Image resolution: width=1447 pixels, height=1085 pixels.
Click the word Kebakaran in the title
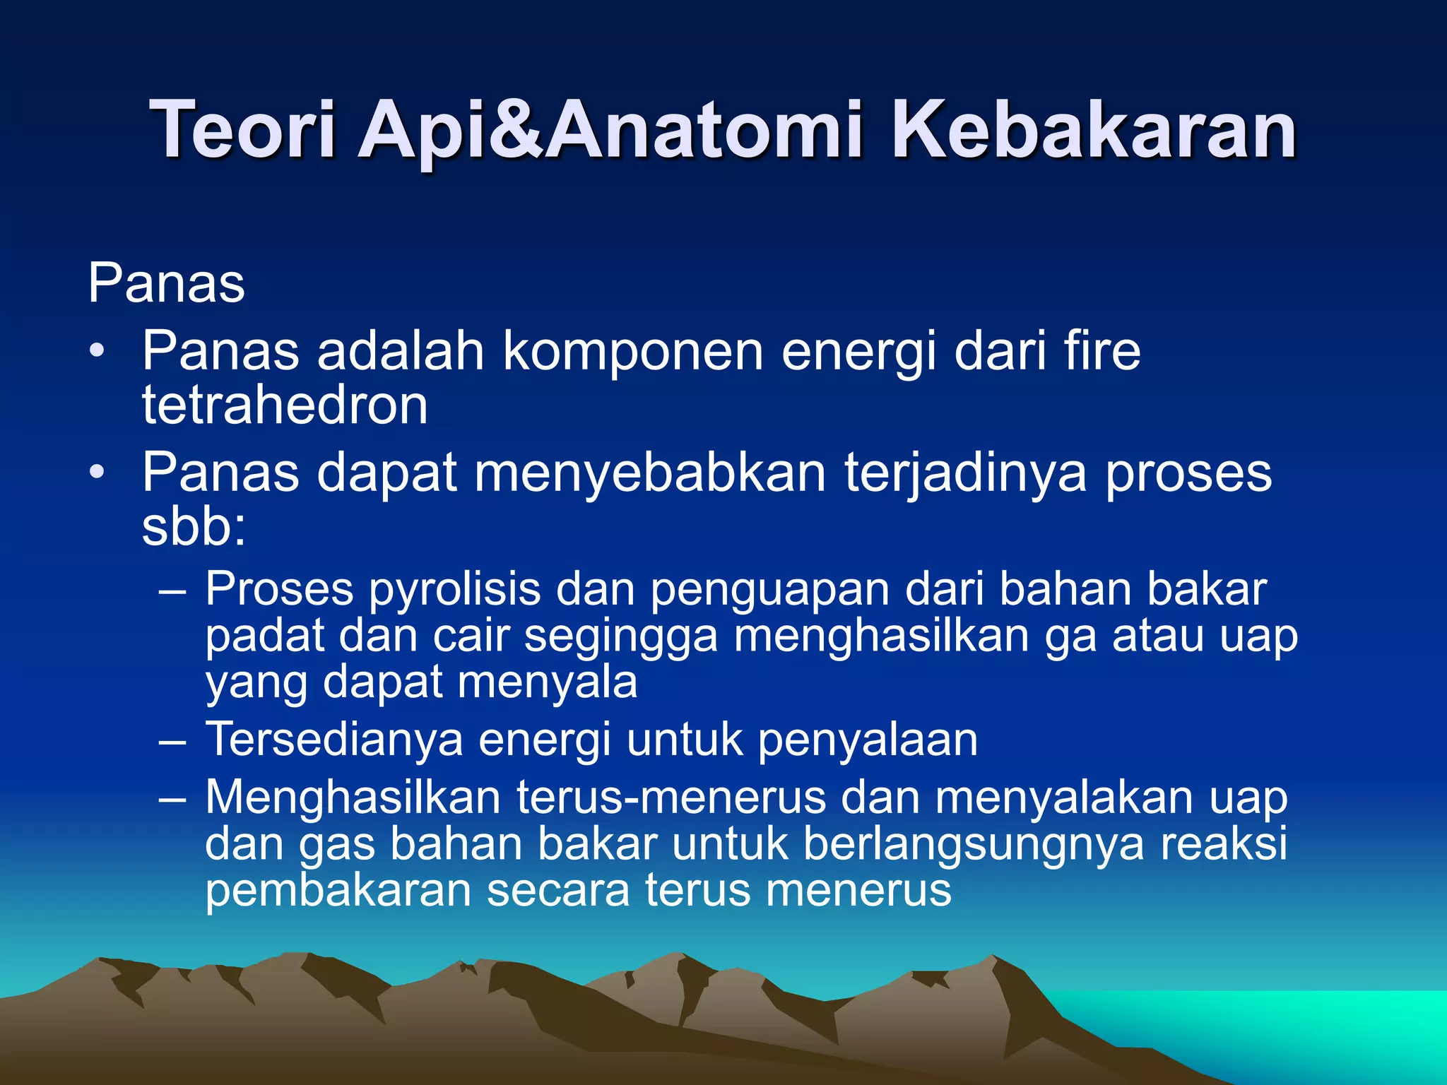[x=1093, y=131]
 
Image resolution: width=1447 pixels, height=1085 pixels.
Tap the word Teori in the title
[x=242, y=131]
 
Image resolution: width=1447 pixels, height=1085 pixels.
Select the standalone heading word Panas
[x=166, y=283]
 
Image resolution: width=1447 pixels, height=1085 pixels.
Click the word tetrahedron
[x=285, y=405]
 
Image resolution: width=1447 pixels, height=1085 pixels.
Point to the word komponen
[x=632, y=351]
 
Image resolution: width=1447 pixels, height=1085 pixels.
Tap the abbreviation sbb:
[x=194, y=527]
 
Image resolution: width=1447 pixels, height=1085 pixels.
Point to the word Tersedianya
[x=333, y=740]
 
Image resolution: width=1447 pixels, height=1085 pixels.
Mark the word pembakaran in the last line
[x=338, y=890]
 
